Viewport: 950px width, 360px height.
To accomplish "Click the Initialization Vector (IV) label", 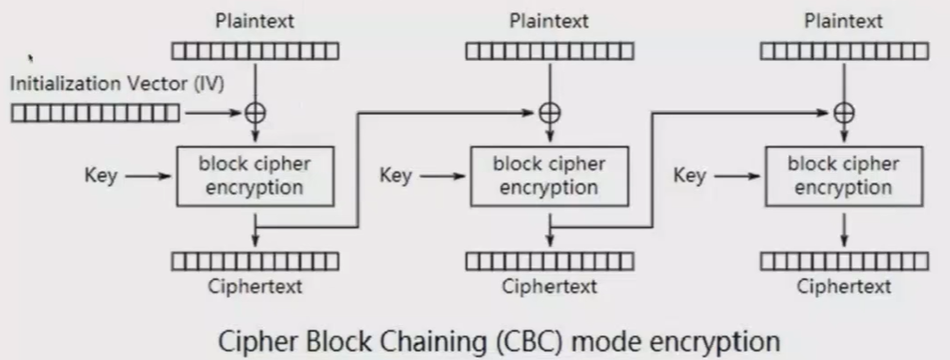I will [x=117, y=84].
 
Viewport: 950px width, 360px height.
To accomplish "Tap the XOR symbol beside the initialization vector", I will [x=255, y=113].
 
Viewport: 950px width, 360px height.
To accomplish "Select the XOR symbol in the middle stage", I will [x=549, y=113].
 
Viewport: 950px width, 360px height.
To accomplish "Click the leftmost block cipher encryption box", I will [x=255, y=176].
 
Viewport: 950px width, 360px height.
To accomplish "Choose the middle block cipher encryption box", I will [x=549, y=176].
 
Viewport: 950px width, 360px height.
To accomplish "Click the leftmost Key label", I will [x=101, y=176].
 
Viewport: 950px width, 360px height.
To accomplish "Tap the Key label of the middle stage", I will [x=396, y=176].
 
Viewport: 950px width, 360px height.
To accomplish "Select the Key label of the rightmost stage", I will [x=690, y=176].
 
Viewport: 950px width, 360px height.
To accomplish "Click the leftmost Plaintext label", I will [x=255, y=20].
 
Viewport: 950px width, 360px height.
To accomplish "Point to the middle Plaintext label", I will [x=549, y=20].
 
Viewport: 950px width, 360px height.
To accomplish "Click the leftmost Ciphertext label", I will [x=255, y=287].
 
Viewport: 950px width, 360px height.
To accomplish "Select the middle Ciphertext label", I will [x=549, y=287].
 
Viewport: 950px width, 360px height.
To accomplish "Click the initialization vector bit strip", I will [x=95, y=114].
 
